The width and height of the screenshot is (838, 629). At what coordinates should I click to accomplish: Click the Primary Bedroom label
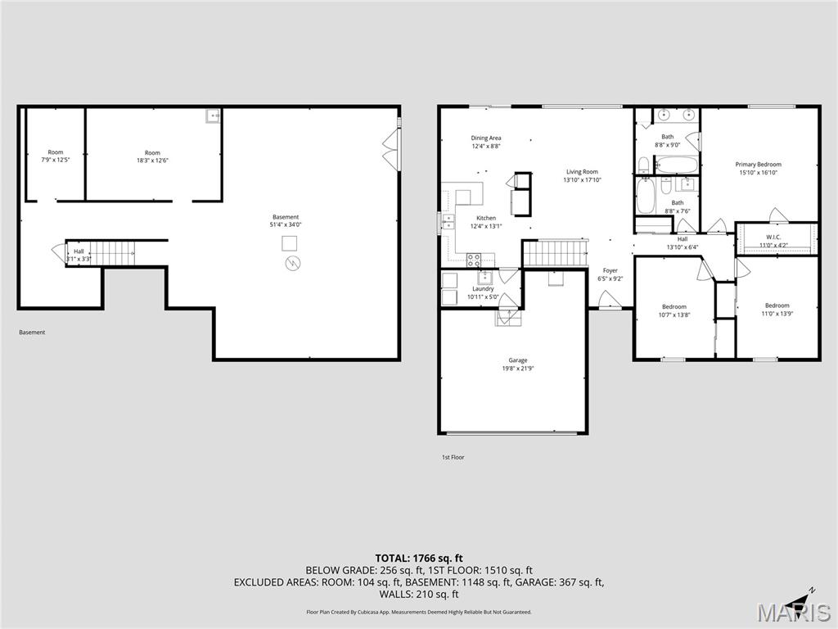click(758, 165)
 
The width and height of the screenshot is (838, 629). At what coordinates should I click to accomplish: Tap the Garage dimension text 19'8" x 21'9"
click(517, 369)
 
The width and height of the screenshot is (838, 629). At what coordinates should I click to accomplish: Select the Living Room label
click(582, 172)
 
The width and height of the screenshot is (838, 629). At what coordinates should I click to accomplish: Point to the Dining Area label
click(485, 138)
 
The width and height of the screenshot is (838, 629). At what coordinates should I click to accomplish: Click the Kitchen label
click(486, 218)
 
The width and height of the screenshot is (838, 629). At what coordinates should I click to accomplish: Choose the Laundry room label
click(483, 288)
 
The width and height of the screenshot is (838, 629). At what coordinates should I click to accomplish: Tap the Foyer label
click(610, 270)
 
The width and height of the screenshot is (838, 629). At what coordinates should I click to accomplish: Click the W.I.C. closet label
click(774, 236)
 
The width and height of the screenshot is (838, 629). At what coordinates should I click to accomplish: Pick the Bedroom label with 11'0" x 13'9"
click(777, 305)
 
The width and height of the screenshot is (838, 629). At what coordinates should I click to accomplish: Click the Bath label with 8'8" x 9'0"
click(668, 137)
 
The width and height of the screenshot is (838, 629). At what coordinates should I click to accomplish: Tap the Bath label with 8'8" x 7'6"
click(678, 202)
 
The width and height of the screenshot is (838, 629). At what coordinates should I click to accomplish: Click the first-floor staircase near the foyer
click(555, 253)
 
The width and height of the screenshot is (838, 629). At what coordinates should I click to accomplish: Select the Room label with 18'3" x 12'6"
click(152, 152)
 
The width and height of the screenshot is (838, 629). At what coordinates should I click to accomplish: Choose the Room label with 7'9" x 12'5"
click(55, 152)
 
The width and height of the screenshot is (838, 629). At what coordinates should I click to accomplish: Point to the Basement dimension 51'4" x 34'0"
click(286, 224)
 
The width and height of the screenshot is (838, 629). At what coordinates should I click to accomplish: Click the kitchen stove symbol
click(474, 260)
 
